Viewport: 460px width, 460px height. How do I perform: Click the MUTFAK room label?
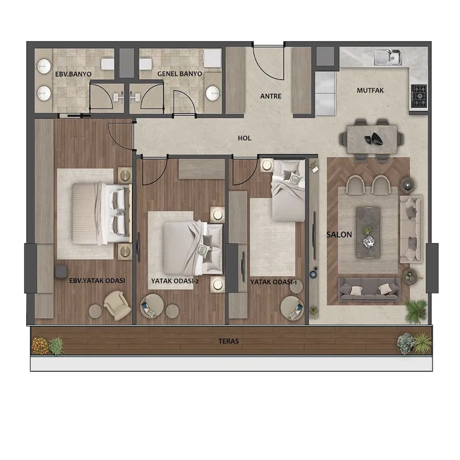[x=370, y=90]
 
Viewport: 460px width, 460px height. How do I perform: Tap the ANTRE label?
[x=271, y=96]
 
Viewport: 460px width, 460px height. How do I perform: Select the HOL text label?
[x=244, y=138]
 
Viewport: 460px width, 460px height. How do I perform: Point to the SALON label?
[x=339, y=235]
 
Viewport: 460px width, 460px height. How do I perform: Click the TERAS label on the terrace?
[x=228, y=341]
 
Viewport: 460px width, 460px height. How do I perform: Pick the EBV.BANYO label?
[x=74, y=74]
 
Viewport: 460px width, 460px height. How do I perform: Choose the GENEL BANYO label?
[x=179, y=74]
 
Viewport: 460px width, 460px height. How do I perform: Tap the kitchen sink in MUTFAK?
[x=388, y=57]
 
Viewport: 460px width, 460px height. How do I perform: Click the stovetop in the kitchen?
[x=419, y=95]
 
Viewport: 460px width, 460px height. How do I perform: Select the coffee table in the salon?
[x=368, y=233]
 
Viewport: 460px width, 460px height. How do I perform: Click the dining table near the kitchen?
[x=371, y=139]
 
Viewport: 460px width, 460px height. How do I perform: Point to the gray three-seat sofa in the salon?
[x=369, y=289]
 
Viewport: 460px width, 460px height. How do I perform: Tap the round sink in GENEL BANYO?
[x=212, y=94]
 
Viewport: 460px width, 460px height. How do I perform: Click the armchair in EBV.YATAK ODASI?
[x=117, y=305]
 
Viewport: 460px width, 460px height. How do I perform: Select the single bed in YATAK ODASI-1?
[x=289, y=190]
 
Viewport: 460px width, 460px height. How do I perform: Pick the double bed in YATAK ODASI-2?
[x=193, y=248]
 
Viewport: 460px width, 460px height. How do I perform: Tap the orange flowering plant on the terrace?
[x=39, y=346]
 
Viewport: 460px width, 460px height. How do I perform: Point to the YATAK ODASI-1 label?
[x=274, y=282]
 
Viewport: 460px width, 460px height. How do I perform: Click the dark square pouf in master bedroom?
[x=61, y=271]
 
